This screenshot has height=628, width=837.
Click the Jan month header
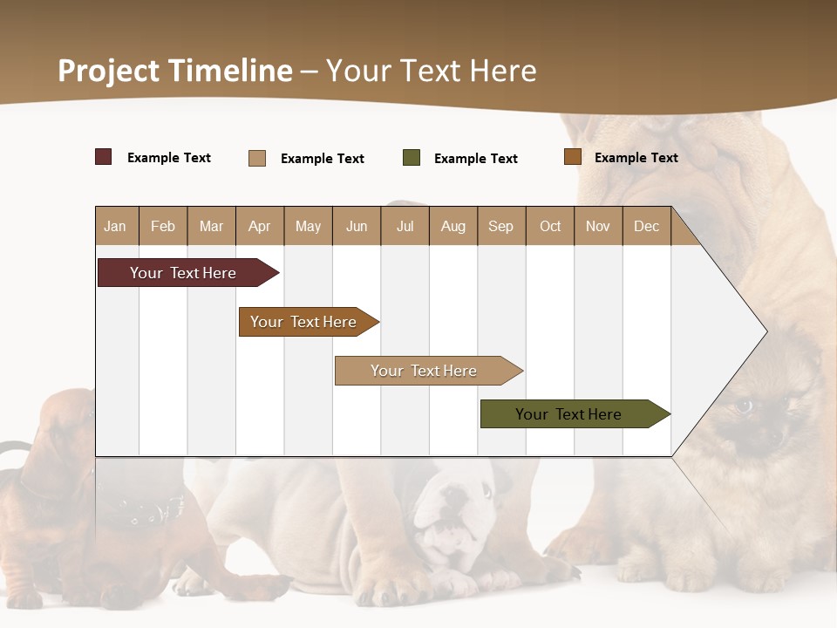116,226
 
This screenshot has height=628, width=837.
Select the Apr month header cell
260,226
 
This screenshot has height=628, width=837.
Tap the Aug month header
453,226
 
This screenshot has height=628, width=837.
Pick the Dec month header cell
646,226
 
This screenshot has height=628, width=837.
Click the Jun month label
357,226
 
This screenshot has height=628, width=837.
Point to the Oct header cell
550,226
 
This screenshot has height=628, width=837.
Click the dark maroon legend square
104,157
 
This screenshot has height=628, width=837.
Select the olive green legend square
412,158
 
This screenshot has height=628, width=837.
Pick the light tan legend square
257,158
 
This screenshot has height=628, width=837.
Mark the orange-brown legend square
573,157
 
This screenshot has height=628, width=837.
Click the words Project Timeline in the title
175,71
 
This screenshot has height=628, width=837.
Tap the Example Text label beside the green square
476,159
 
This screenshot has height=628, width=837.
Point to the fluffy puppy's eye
744,406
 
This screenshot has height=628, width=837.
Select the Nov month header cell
598,226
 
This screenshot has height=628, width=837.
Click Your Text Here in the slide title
431,71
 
